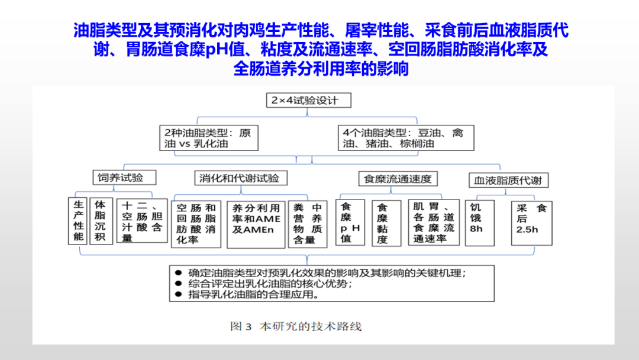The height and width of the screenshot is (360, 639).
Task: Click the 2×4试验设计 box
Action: (309, 100)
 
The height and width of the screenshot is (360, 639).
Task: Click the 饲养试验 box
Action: (118, 178)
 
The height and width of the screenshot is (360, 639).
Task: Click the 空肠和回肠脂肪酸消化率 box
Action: (196, 224)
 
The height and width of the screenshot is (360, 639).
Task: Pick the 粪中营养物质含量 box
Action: (309, 224)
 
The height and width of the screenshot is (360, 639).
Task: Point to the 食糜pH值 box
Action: (347, 222)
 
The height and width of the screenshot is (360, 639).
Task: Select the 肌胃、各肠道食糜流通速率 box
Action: (434, 222)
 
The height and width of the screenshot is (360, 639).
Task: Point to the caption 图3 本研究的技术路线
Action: (295, 326)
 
